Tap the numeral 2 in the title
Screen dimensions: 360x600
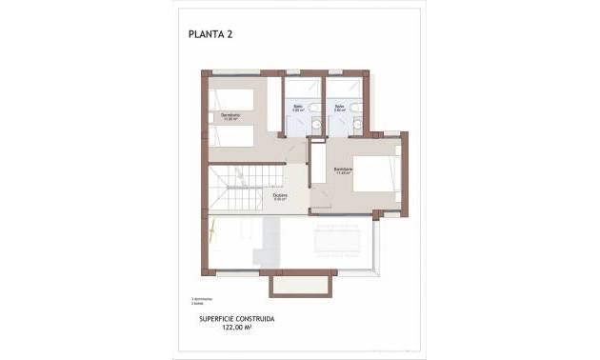point(230,34)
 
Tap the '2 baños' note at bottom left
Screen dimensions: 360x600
point(210,302)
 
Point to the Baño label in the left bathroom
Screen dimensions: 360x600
point(298,107)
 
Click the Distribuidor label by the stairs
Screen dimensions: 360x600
point(280,198)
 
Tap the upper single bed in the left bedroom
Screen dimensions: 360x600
point(231,99)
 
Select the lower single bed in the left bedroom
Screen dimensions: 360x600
point(231,135)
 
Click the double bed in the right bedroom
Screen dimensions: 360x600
point(374,173)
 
